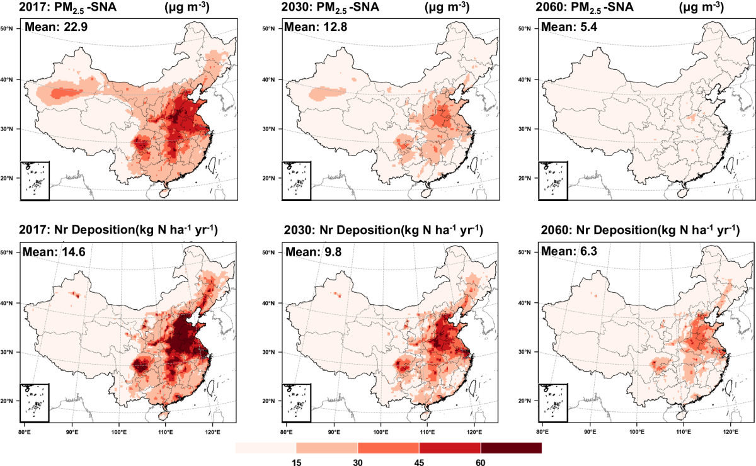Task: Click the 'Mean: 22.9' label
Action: [56, 26]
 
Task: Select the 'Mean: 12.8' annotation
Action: [315, 26]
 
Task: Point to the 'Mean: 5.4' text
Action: [569, 26]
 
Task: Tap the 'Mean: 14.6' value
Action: [54, 252]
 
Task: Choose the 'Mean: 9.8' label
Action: [314, 252]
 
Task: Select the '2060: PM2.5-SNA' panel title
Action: [585, 8]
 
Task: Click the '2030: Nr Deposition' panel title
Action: [342, 230]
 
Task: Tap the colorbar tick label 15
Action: [296, 462]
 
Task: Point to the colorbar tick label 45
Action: [419, 462]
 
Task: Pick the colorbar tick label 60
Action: [481, 462]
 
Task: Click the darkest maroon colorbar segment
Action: [512, 448]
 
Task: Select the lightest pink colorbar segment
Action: [266, 448]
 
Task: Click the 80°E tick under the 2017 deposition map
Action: [25, 432]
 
